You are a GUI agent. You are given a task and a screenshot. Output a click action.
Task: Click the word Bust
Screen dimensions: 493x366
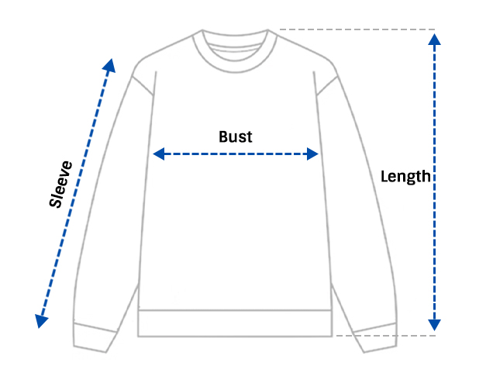point(235,136)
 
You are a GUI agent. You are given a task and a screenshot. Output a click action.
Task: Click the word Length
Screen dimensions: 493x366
point(405,176)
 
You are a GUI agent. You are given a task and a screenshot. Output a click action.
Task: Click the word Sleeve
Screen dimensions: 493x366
point(60,185)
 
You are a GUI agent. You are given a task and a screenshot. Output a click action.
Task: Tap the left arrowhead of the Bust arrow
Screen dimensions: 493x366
point(158,154)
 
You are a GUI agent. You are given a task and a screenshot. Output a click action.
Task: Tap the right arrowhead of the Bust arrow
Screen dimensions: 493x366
point(313,154)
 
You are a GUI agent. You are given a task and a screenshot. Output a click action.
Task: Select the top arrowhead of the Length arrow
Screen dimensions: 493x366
point(434,40)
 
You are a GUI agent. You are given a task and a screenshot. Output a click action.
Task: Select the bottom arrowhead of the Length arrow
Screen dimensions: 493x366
point(434,325)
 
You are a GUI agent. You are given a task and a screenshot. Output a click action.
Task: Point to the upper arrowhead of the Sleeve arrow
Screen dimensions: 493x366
point(109,65)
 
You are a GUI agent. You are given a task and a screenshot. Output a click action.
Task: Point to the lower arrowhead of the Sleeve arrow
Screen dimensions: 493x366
point(41,321)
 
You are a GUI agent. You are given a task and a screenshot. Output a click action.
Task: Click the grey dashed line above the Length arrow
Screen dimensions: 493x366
point(357,29)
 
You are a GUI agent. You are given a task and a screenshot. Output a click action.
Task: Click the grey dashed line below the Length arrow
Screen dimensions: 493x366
point(386,336)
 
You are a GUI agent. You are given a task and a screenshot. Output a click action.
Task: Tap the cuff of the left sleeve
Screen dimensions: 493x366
point(95,337)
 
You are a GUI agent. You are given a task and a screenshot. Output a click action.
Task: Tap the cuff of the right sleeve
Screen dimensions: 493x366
point(375,337)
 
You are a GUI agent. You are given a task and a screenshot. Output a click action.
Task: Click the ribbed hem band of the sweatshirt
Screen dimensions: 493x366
point(235,323)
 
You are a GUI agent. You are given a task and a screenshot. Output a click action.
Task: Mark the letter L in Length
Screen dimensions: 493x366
point(384,176)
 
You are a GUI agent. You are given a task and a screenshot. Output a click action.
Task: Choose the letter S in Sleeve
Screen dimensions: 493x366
point(55,202)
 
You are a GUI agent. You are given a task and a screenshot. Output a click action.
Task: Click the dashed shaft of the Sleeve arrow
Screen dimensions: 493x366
point(75,193)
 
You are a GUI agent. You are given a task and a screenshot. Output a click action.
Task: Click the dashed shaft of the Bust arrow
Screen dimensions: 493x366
point(236,154)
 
